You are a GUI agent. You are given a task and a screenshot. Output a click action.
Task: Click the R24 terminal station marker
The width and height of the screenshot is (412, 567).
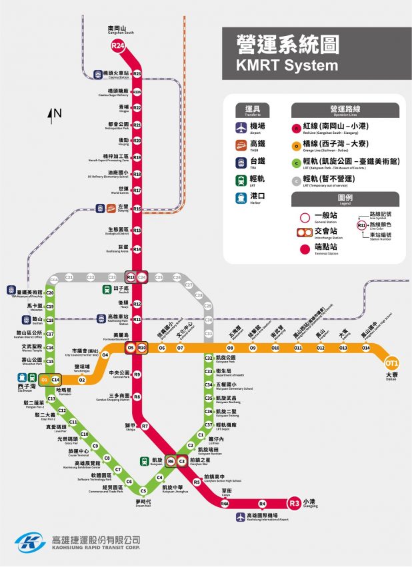coord(118,46)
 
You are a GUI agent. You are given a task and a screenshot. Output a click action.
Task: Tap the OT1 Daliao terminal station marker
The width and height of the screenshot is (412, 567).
coord(392,363)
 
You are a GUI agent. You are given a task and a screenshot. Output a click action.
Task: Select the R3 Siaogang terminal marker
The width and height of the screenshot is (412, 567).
coord(294,504)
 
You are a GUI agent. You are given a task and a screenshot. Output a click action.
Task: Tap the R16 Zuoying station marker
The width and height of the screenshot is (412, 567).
coord(137,209)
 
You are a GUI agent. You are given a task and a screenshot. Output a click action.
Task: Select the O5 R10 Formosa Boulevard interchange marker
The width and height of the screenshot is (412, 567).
coord(137,348)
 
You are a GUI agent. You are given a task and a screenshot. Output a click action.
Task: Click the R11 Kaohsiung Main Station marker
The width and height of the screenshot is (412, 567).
coord(137,320)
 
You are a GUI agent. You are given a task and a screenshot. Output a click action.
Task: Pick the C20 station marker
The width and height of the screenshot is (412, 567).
coord(50,292)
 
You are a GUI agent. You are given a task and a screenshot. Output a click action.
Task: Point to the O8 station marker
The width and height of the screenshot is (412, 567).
coord(230,348)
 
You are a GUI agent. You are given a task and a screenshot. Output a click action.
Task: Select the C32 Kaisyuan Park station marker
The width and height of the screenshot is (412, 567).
coord(209,359)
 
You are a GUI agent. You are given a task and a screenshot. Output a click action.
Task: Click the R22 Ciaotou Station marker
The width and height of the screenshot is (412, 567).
coord(137,73)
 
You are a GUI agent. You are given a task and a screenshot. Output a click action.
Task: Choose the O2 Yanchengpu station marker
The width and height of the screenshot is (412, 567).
coord(82,380)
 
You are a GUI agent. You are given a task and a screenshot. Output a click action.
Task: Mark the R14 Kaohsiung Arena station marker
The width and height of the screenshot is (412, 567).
coord(137,249)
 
